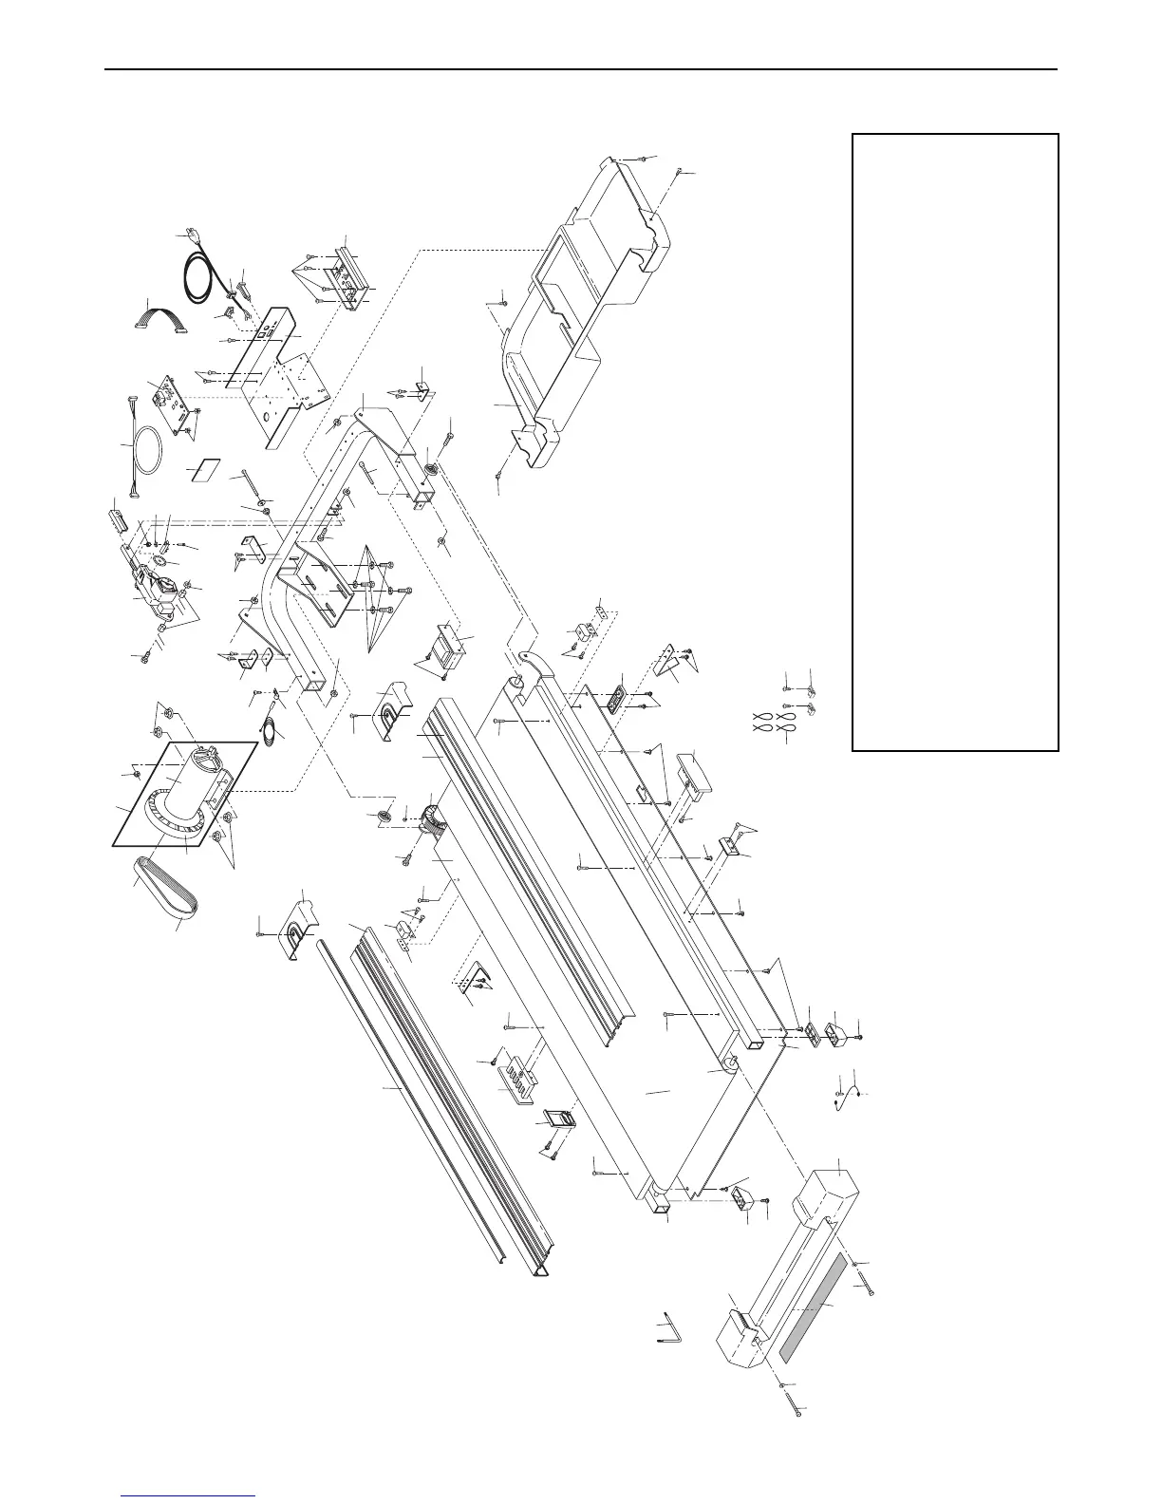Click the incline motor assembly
152,584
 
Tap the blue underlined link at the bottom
190,1495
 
